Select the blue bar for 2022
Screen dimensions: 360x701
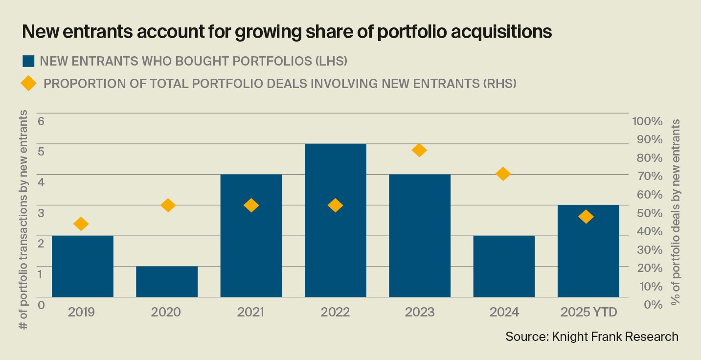(335, 220)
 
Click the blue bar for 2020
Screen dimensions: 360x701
(167, 282)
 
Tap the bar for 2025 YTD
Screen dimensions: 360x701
(588, 251)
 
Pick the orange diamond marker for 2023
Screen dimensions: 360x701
(419, 150)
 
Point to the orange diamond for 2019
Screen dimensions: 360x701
(81, 224)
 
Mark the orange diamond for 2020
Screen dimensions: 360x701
(168, 205)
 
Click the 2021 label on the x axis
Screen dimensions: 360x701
(250, 312)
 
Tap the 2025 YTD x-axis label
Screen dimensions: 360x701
(588, 312)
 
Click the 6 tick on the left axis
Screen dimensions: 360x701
(41, 121)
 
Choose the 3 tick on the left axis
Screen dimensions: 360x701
(41, 213)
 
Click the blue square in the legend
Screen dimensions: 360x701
(28, 61)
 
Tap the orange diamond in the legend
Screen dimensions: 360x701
(28, 84)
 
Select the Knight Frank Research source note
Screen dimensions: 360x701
(592, 337)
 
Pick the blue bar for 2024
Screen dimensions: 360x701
(504, 266)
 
